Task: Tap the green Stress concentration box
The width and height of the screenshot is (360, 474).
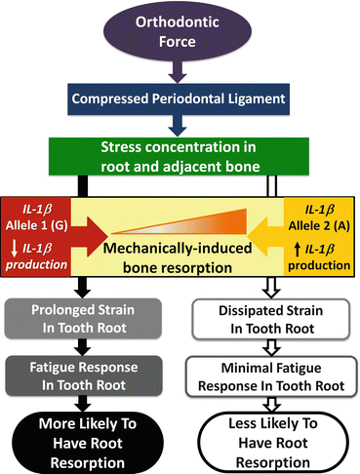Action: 180,154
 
